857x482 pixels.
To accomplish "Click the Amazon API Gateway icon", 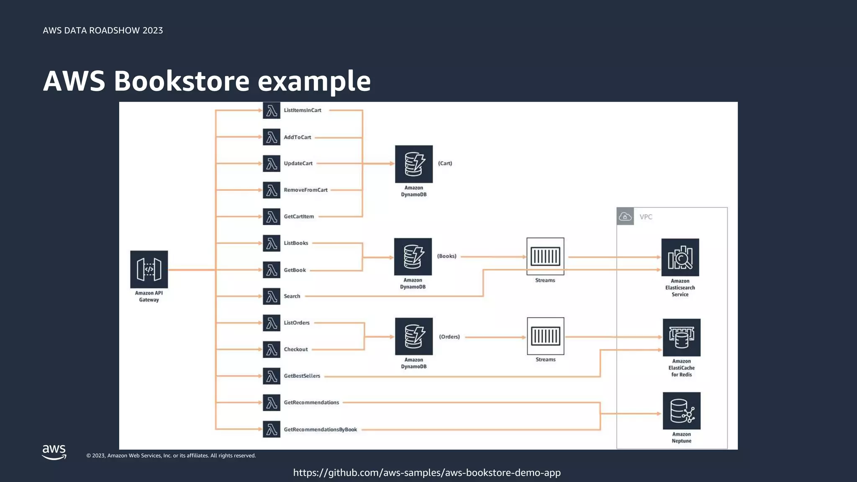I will pos(149,269).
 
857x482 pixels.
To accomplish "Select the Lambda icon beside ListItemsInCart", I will pos(272,111).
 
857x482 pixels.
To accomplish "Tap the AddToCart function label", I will pos(297,137).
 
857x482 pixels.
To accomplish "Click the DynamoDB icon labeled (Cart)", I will pos(414,164).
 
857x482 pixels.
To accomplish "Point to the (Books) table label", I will pos(446,256).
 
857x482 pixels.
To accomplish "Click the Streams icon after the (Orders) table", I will pos(545,336).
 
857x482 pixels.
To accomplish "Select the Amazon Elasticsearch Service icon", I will pos(680,257).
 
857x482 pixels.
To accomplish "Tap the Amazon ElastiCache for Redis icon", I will pos(681,337).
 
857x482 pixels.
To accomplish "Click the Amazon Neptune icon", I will pos(681,410).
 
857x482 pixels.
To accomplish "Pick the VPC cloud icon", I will pos(625,216).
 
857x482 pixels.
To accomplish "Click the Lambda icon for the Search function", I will pos(272,296).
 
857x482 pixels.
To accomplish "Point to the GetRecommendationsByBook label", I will pos(320,429).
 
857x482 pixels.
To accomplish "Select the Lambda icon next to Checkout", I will pos(272,349).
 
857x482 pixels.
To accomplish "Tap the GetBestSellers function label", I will pos(302,376).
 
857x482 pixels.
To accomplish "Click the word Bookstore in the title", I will pos(182,81).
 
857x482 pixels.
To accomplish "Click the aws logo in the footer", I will pos(54,452).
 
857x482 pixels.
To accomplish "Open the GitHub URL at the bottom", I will pos(427,473).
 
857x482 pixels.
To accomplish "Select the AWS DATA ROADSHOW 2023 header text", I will pos(103,31).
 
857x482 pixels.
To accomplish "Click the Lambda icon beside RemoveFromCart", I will pos(272,190).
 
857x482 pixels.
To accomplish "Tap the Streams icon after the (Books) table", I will pos(545,256).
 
